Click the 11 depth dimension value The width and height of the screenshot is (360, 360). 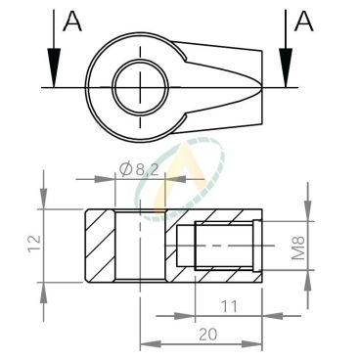228,306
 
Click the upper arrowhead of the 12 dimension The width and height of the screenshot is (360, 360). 44,202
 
